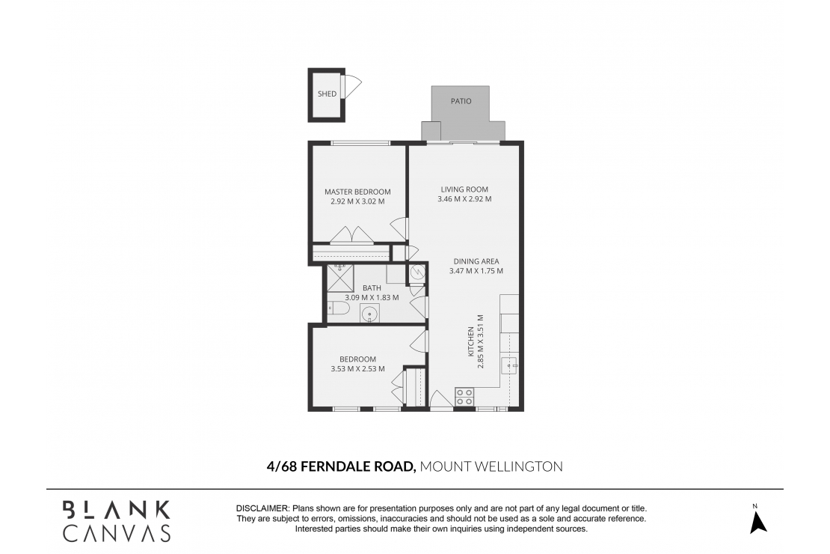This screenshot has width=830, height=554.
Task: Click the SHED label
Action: [327, 94]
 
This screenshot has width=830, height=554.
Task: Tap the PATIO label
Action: [461, 101]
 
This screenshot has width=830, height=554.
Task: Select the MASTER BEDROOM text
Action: [357, 192]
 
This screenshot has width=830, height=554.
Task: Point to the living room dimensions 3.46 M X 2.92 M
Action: [464, 199]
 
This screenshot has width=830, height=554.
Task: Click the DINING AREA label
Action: [476, 261]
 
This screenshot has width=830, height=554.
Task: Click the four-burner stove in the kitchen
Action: [464, 395]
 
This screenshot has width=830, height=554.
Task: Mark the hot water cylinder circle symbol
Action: [416, 274]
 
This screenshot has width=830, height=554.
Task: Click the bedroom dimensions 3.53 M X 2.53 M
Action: [357, 368]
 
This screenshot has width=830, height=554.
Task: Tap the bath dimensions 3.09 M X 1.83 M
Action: [372, 297]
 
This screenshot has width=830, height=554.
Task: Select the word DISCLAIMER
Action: [262, 508]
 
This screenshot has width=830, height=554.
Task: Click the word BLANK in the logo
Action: [116, 510]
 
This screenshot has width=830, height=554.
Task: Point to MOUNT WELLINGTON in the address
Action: [491, 466]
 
